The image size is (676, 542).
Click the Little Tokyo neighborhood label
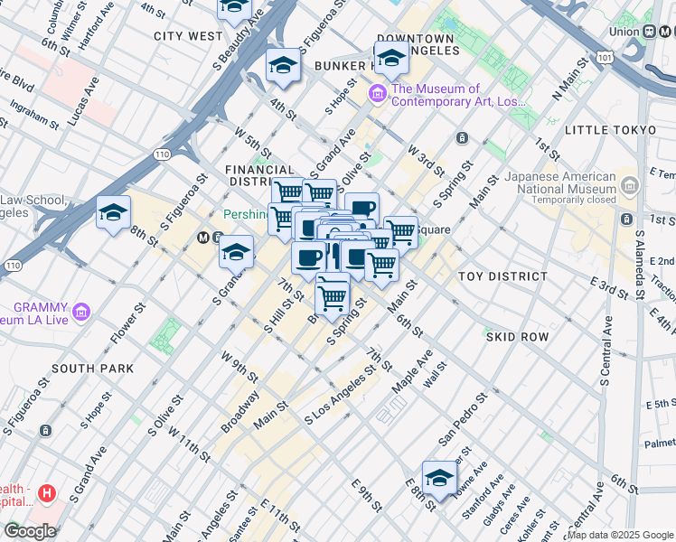coord(610,130)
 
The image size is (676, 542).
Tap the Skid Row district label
coord(517,336)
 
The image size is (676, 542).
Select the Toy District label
coord(502,276)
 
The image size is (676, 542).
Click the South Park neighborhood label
coord(93,369)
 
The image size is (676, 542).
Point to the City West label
coord(188,36)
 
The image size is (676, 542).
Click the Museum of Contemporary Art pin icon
coord(378,93)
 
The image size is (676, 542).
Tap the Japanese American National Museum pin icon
coord(630,186)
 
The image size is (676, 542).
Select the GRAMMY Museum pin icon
coord(82,313)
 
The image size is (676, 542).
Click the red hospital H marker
coord(47,494)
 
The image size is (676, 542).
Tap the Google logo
coord(29,531)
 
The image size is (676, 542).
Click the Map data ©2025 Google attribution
coord(620,535)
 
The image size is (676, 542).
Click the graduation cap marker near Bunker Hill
coord(391,60)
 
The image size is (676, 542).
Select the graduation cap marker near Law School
coord(113,213)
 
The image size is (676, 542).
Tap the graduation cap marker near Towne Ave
coord(439,478)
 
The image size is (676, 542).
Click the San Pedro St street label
coord(463,418)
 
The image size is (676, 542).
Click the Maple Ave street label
coord(412,370)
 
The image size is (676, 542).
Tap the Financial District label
coord(260,175)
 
